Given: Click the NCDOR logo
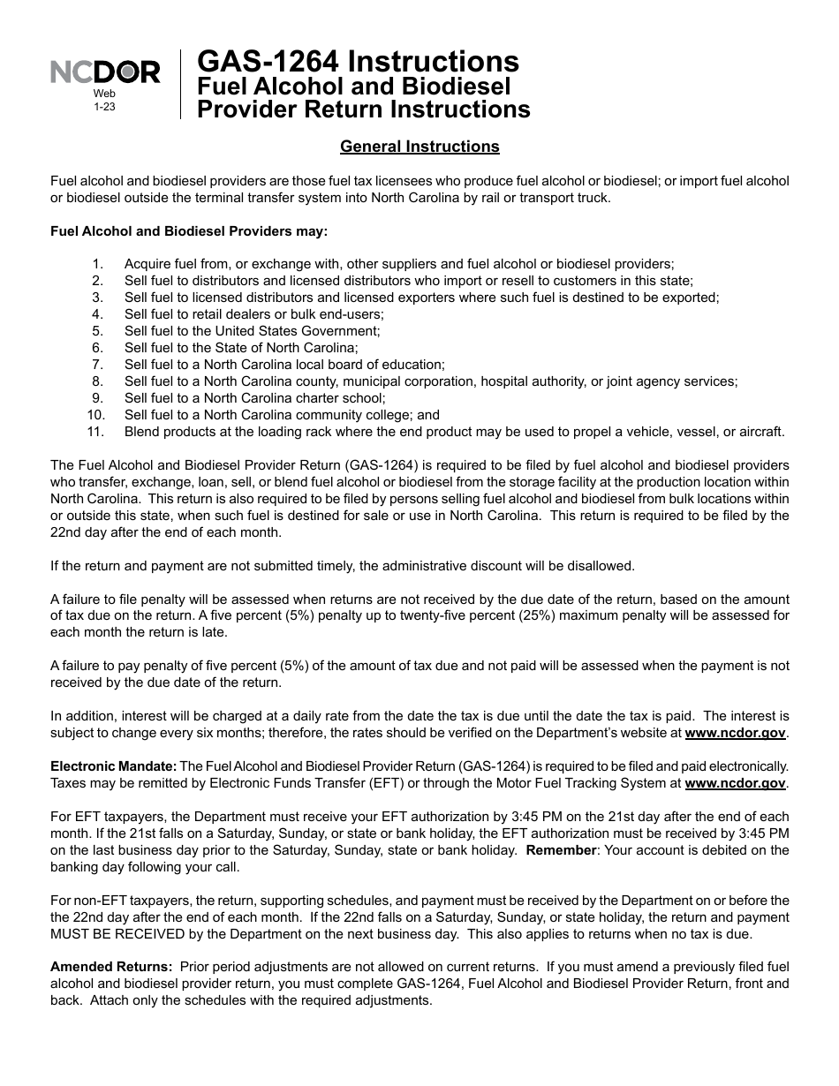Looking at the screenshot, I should click(104, 72).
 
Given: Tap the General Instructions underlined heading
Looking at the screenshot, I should click(419, 147).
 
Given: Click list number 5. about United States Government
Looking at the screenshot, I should click(98, 331).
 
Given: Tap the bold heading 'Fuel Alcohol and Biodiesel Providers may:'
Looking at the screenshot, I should click(189, 231).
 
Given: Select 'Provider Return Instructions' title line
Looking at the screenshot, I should click(363, 109).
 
